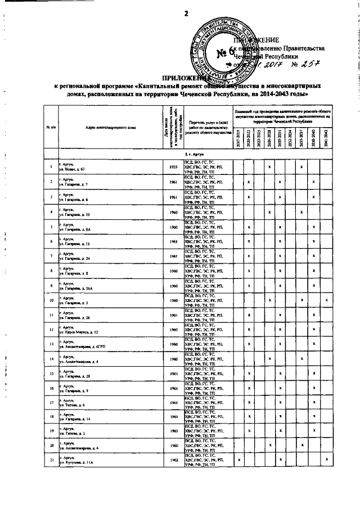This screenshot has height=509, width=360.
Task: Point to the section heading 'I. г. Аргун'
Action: point(190,153)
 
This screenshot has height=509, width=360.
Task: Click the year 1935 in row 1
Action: point(173,167)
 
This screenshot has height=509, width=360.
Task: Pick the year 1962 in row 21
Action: point(173,477)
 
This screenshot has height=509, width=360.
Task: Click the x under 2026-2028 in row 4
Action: point(271,211)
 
